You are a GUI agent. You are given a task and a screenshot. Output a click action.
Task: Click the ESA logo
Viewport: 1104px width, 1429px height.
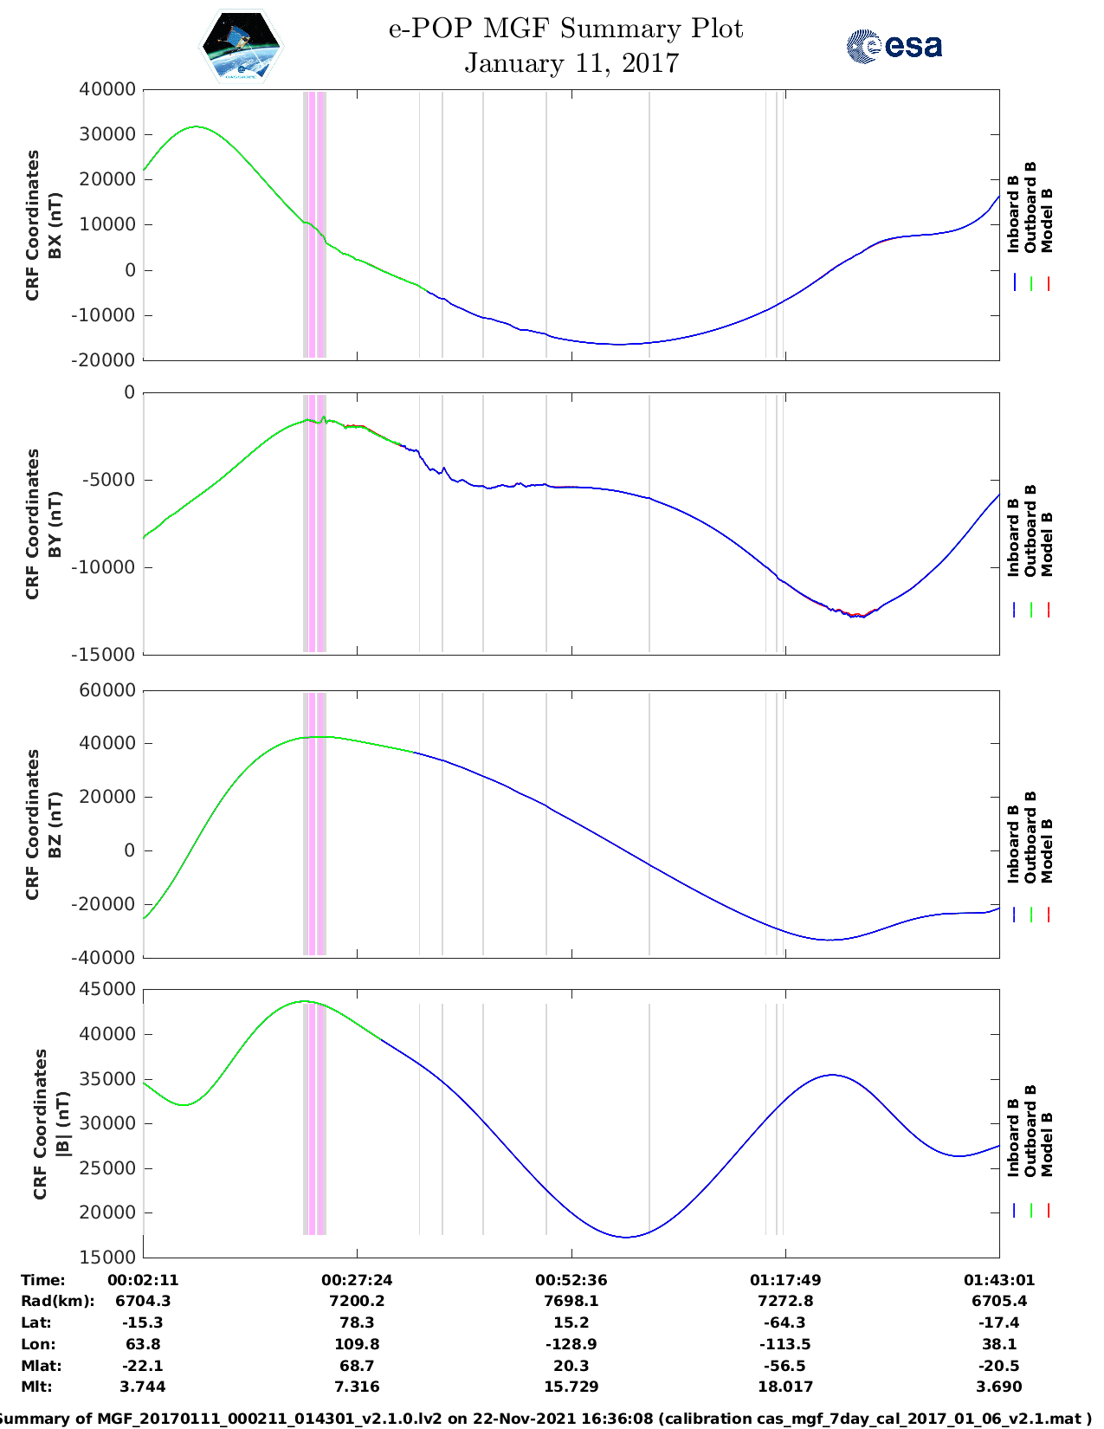(x=894, y=46)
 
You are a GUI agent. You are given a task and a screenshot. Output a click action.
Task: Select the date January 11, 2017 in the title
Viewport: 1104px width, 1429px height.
(x=571, y=63)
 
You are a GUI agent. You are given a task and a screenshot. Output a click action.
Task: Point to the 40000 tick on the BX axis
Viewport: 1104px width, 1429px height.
(x=107, y=90)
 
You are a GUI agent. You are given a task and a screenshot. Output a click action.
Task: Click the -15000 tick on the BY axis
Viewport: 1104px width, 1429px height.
(x=107, y=655)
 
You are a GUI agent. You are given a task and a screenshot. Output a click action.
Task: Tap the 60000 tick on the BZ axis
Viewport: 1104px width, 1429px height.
(x=107, y=691)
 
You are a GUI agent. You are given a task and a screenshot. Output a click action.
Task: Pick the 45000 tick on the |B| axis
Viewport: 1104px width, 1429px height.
(x=107, y=989)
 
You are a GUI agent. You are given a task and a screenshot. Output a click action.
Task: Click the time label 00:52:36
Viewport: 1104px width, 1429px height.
(x=571, y=1280)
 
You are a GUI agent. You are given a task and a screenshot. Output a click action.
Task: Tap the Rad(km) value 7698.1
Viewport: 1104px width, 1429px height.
(x=571, y=1301)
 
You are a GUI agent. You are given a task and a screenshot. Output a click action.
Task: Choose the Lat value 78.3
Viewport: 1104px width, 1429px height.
(x=357, y=1322)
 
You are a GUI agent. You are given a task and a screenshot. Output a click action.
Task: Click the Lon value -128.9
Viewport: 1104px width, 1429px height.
(x=571, y=1344)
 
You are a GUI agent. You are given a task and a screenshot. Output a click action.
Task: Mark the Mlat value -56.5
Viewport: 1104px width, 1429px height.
(x=785, y=1366)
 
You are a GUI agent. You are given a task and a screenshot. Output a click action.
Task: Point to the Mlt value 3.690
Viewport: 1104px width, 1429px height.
(x=999, y=1387)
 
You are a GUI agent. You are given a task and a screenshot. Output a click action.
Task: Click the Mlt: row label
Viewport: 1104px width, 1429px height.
(x=36, y=1387)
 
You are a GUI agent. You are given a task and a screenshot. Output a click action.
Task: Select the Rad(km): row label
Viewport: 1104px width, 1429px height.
(x=57, y=1301)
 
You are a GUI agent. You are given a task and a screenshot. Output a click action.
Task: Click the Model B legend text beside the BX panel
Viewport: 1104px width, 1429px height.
(x=1047, y=220)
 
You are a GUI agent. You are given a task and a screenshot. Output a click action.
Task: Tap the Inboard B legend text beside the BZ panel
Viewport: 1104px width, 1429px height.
(x=1013, y=844)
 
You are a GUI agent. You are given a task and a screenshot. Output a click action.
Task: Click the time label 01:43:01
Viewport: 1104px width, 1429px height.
(x=999, y=1280)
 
